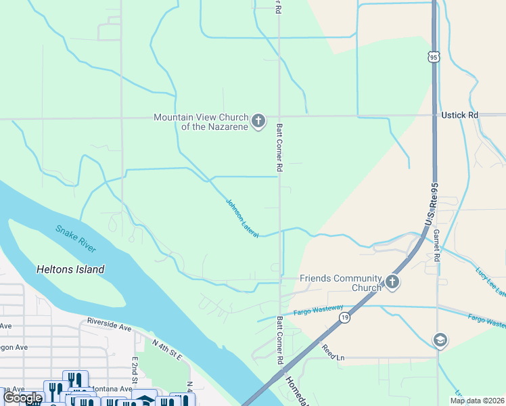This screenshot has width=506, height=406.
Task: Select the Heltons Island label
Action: tap(70, 269)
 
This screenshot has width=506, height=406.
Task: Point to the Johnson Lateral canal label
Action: tap(241, 217)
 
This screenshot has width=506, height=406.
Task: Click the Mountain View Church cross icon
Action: tap(258, 122)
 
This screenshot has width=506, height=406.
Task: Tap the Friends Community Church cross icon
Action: tap(392, 282)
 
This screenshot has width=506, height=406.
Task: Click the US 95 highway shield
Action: tap(434, 58)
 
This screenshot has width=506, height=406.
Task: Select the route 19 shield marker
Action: tap(344, 317)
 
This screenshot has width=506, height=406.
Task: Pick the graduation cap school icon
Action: tap(440, 340)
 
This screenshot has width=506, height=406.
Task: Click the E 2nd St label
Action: tap(135, 369)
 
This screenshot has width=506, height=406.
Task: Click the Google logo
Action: tap(23, 398)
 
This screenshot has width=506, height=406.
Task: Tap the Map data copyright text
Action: tap(477, 401)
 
